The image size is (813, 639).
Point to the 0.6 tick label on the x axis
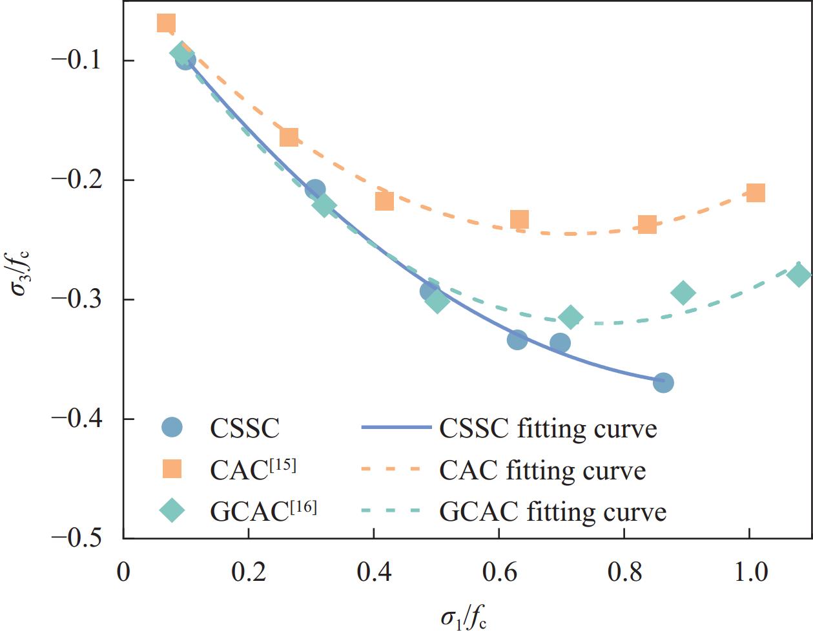click(499, 572)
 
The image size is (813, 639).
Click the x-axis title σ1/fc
click(463, 618)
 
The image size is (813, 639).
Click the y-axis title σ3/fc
click(22, 269)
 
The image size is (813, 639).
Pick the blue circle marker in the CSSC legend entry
click(172, 427)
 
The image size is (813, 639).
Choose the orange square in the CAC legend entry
click(172, 469)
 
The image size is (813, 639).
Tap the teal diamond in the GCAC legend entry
click(172, 510)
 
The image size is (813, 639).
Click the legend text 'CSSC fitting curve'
click(548, 428)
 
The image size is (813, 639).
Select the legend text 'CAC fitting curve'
click(542, 470)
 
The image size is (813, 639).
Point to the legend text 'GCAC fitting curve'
click(553, 512)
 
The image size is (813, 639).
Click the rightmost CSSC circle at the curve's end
click(663, 382)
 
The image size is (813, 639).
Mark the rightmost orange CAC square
click(756, 193)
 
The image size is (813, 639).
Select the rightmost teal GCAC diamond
click(799, 275)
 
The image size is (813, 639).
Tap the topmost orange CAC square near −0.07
click(166, 24)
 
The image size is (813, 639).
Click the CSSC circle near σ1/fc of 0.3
click(314, 189)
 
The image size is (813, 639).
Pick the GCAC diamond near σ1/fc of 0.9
click(683, 293)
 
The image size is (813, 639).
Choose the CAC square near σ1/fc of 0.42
click(384, 201)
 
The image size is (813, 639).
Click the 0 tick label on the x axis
click(123, 572)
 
